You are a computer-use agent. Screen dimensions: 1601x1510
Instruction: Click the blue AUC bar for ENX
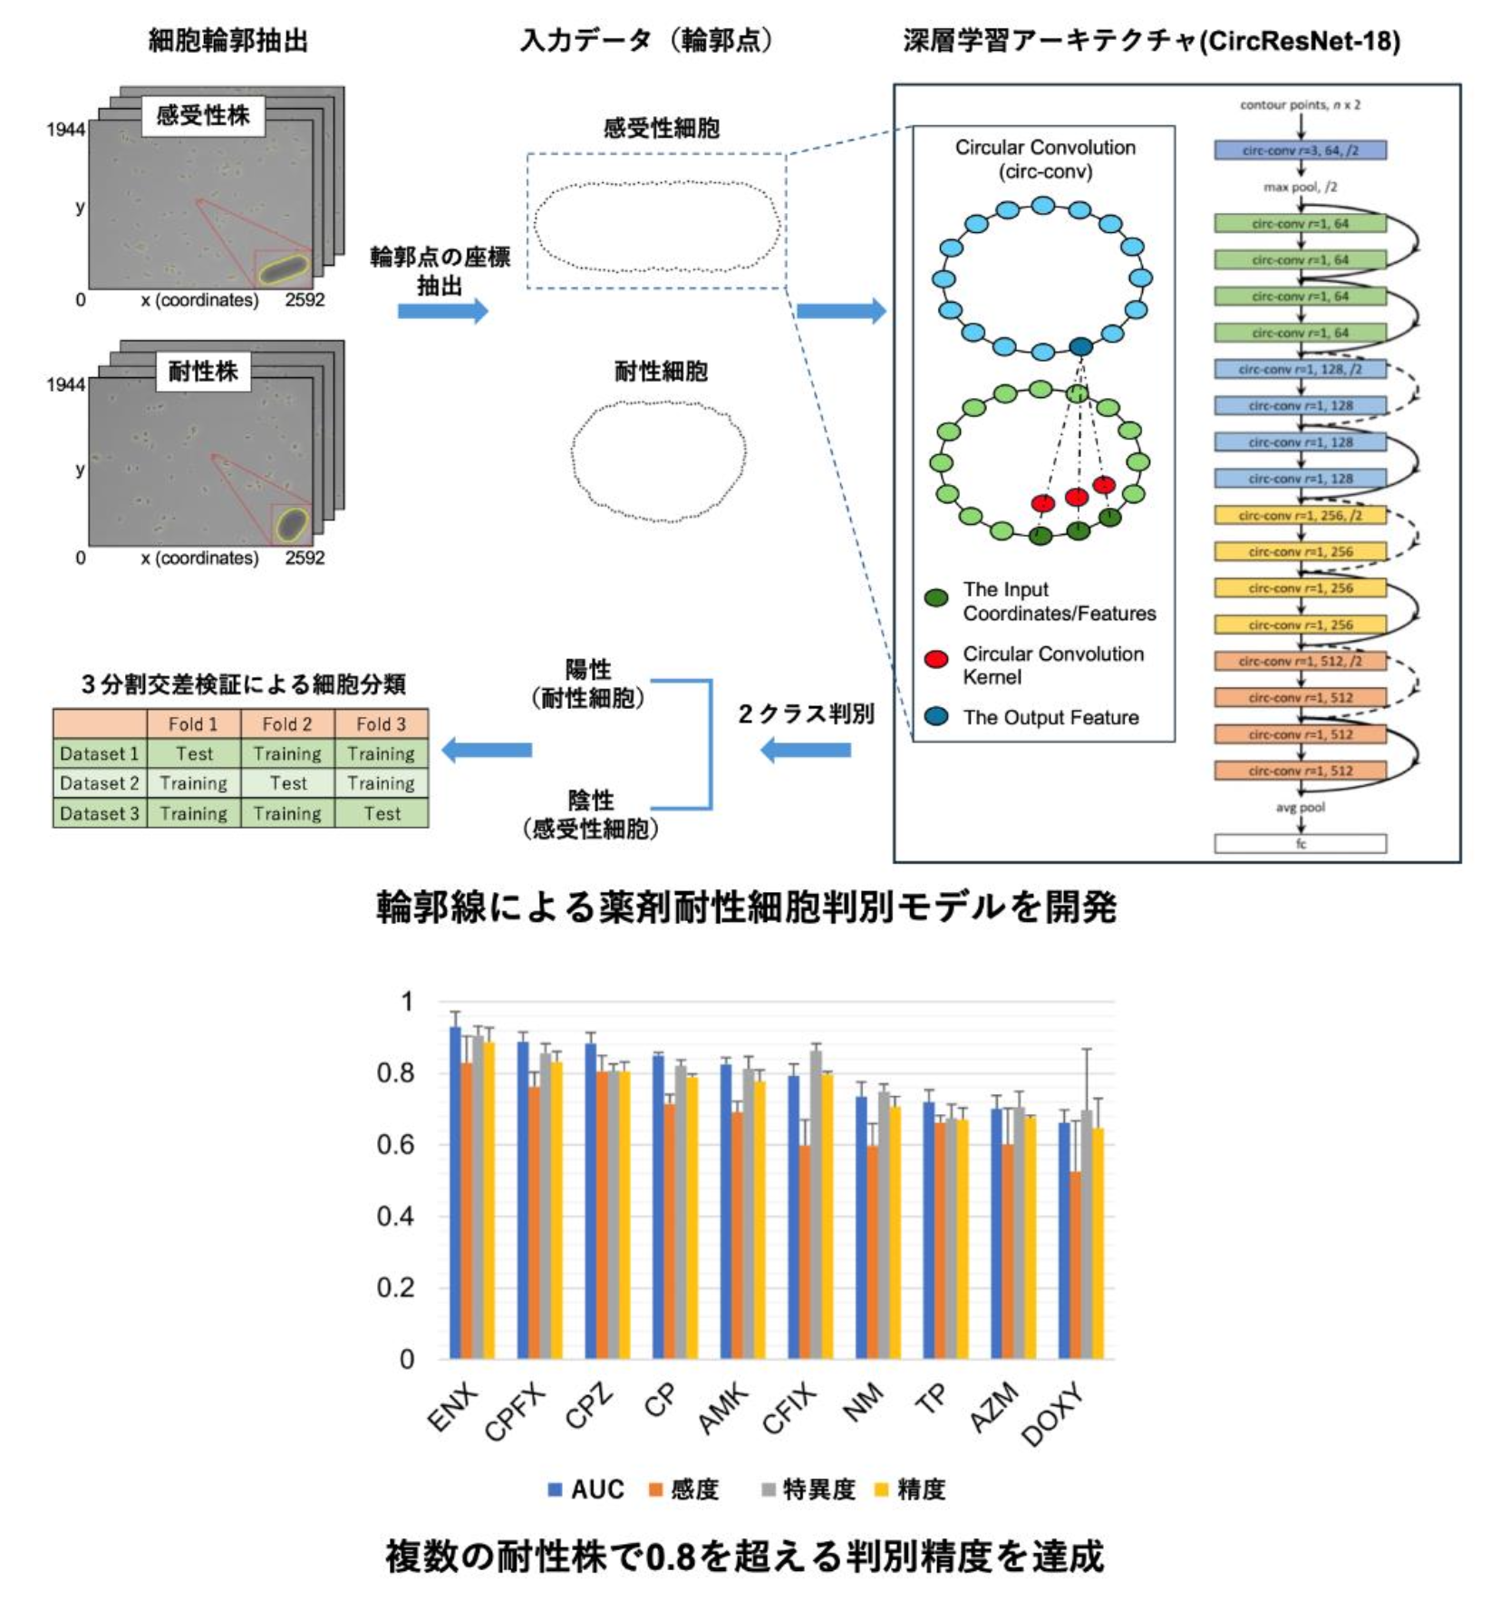tap(455, 1197)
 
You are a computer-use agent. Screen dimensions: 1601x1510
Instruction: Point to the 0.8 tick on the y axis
tap(395, 1073)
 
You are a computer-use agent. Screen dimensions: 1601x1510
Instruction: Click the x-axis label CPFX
tap(515, 1412)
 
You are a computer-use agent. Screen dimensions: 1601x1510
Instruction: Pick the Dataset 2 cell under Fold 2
tap(287, 783)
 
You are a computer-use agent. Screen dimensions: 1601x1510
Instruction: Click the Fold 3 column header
tap(381, 724)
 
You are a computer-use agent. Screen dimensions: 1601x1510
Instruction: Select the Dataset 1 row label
tap(100, 754)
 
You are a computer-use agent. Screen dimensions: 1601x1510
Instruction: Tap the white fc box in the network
tap(1300, 844)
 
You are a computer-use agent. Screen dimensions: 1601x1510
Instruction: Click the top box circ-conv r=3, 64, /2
tap(1300, 150)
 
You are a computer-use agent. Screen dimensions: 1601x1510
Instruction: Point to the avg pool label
tap(1300, 807)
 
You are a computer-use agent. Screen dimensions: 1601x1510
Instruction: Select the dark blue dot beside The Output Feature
tap(936, 717)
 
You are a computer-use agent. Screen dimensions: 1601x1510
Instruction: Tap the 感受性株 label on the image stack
tap(203, 116)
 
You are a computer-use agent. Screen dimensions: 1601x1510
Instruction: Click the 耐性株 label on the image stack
tap(203, 372)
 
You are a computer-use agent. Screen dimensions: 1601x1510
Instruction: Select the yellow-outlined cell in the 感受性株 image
tap(283, 269)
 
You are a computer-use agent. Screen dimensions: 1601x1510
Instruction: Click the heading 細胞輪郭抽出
tap(227, 41)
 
